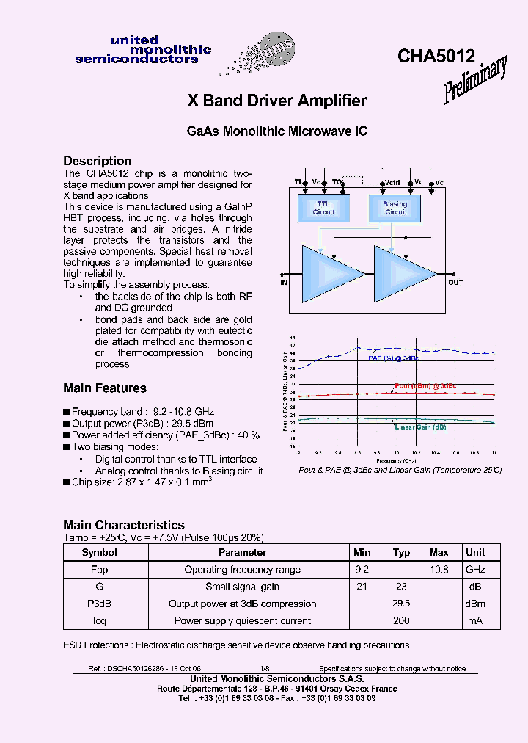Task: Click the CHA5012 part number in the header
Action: (x=436, y=57)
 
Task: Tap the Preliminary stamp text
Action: (x=476, y=80)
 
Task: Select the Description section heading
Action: (x=98, y=161)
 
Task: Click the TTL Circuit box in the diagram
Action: (x=323, y=208)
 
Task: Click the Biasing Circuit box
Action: (x=395, y=208)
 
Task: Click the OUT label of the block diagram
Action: (x=455, y=282)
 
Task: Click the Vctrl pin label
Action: (x=392, y=181)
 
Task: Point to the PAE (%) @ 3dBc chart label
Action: (x=393, y=358)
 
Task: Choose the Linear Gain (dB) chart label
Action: (x=420, y=427)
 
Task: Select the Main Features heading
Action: (x=105, y=388)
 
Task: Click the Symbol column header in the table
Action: (x=99, y=552)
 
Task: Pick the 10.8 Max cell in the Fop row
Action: (x=439, y=569)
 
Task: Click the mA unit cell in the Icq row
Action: (x=475, y=620)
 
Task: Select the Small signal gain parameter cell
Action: (x=242, y=587)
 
